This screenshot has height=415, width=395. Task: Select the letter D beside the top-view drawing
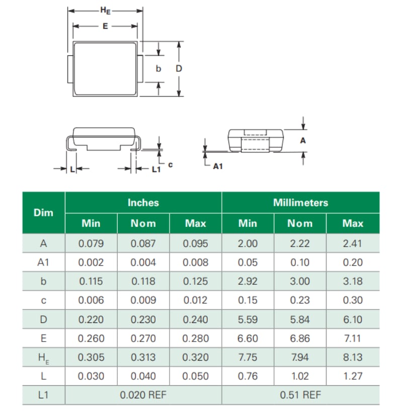179,68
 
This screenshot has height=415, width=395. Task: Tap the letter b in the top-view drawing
158,68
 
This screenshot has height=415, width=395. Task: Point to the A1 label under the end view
217,165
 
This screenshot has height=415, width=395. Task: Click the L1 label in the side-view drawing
156,170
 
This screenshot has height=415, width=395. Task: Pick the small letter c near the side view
171,164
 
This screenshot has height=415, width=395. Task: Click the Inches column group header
143,203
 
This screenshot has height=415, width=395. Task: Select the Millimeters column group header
300,203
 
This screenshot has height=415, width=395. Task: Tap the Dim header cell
43,213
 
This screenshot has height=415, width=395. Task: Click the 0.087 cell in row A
143,243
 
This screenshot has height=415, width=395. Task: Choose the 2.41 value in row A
353,243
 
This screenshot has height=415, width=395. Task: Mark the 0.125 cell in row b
195,282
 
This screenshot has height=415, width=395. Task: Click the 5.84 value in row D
300,320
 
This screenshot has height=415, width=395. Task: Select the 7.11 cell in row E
353,339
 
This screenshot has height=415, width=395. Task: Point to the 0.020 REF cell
143,395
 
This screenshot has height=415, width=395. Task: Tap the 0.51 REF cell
300,395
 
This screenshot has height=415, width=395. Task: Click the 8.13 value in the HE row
353,358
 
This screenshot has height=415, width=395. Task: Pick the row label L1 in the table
43,395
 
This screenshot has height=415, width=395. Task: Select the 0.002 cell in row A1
91,263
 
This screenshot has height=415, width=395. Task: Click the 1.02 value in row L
300,376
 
